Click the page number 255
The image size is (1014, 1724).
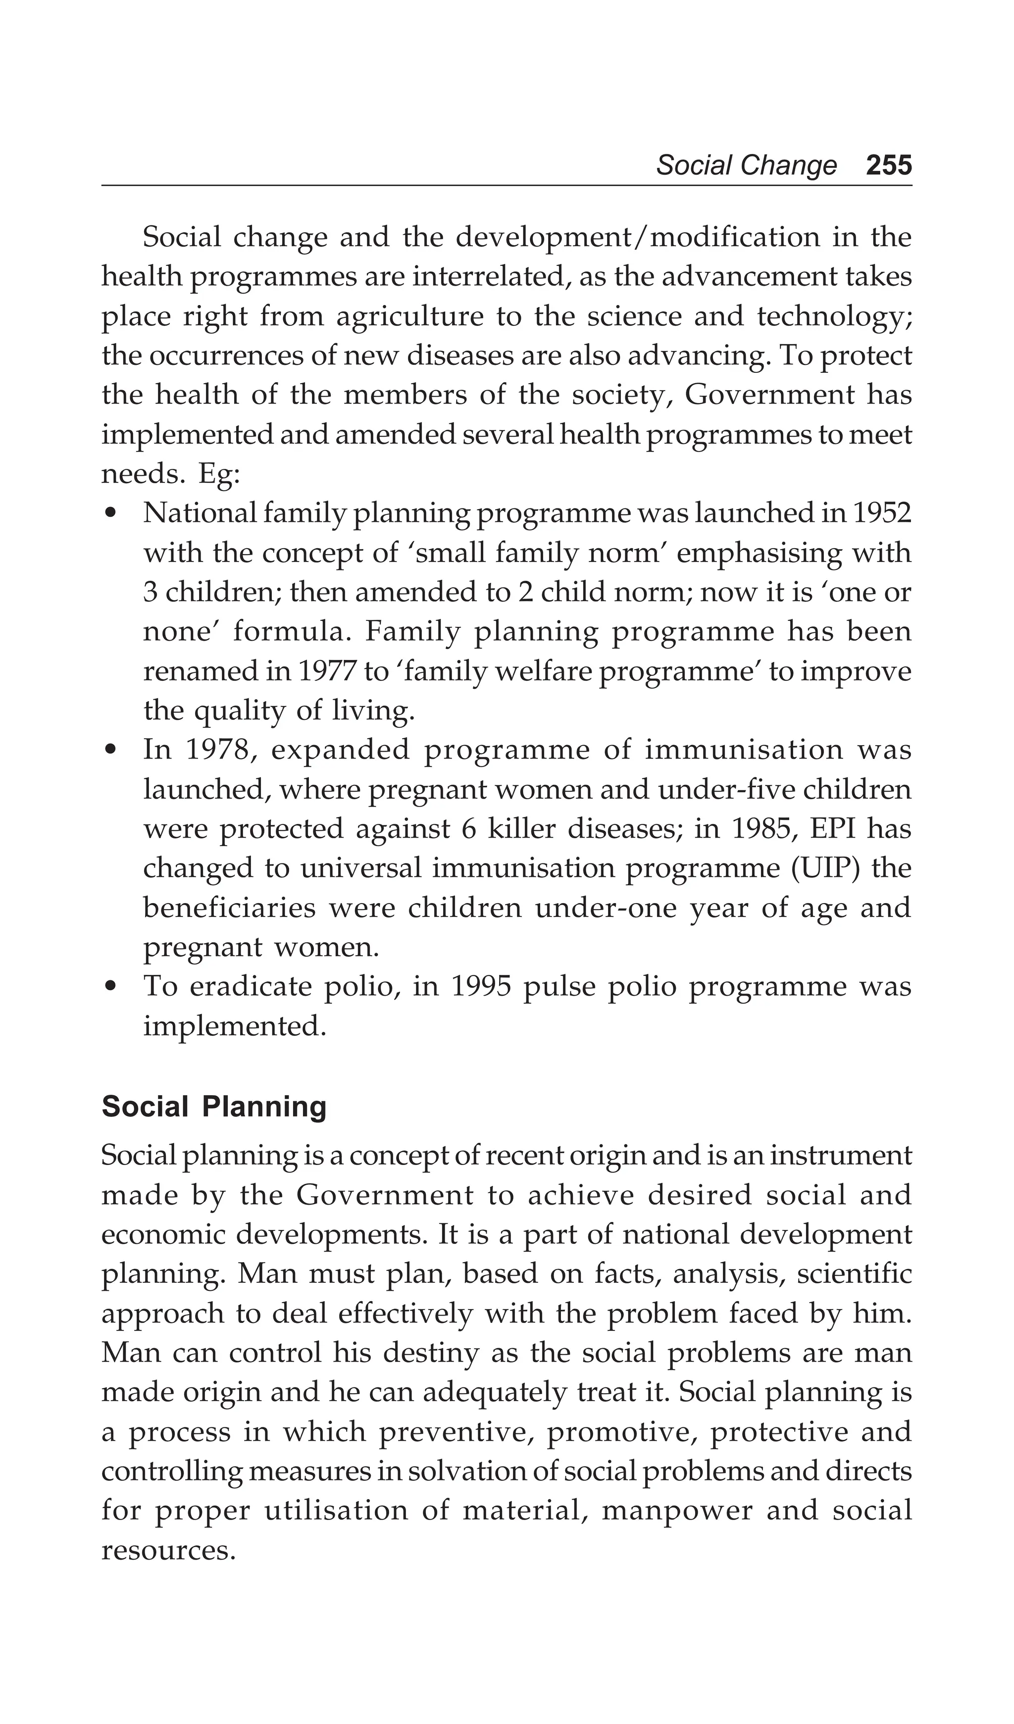pos(888,165)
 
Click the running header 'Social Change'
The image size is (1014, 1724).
pos(746,165)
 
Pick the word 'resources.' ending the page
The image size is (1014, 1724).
pos(168,1550)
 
